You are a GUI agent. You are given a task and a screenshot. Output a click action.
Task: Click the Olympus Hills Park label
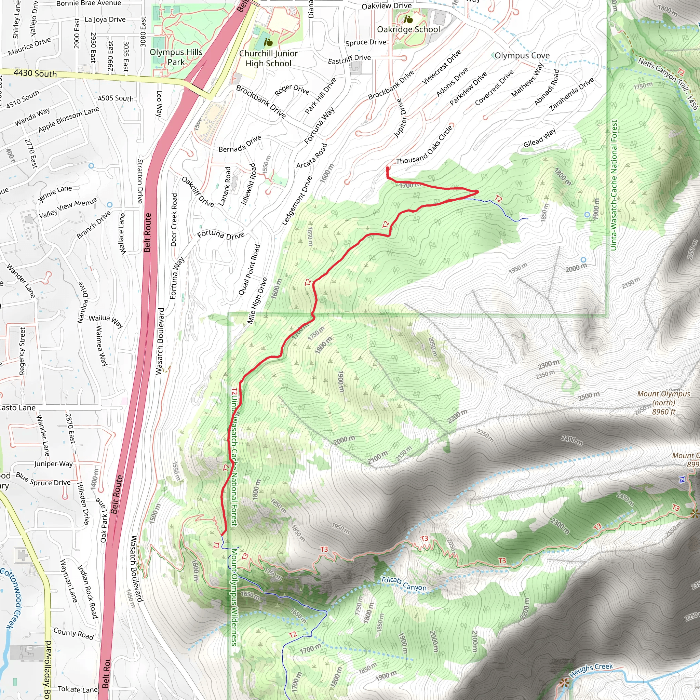point(176,57)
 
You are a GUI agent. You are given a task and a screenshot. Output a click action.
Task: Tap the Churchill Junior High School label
point(268,58)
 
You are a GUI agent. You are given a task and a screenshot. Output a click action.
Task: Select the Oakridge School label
point(408,29)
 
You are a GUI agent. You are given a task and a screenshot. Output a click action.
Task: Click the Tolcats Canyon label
point(403,583)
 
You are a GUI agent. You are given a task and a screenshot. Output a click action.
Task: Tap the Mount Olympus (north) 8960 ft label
point(663,403)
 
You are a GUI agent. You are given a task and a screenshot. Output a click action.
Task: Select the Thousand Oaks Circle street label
point(424,145)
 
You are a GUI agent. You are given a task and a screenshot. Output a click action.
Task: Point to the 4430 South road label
point(35,73)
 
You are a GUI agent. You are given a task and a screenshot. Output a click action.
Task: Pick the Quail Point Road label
point(249,270)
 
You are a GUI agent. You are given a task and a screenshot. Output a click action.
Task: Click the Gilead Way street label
point(539,138)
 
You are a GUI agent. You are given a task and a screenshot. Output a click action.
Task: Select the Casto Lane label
point(17,408)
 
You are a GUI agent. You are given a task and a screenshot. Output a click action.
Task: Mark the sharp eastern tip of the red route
point(478,191)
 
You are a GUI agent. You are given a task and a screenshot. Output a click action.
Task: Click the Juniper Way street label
point(53,464)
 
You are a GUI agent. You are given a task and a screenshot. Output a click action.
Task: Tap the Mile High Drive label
point(257,300)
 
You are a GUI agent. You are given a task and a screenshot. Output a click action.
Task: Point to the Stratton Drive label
point(140,181)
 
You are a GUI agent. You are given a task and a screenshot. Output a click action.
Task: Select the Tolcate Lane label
point(78,689)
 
